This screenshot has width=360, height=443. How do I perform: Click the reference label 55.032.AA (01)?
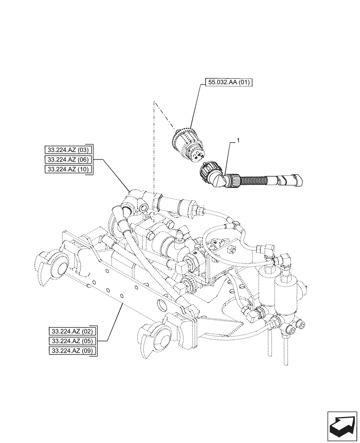[x=229, y=83]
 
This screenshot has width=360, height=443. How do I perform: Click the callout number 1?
[x=239, y=140]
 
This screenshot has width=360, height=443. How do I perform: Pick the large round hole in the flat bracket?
[x=162, y=305]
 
